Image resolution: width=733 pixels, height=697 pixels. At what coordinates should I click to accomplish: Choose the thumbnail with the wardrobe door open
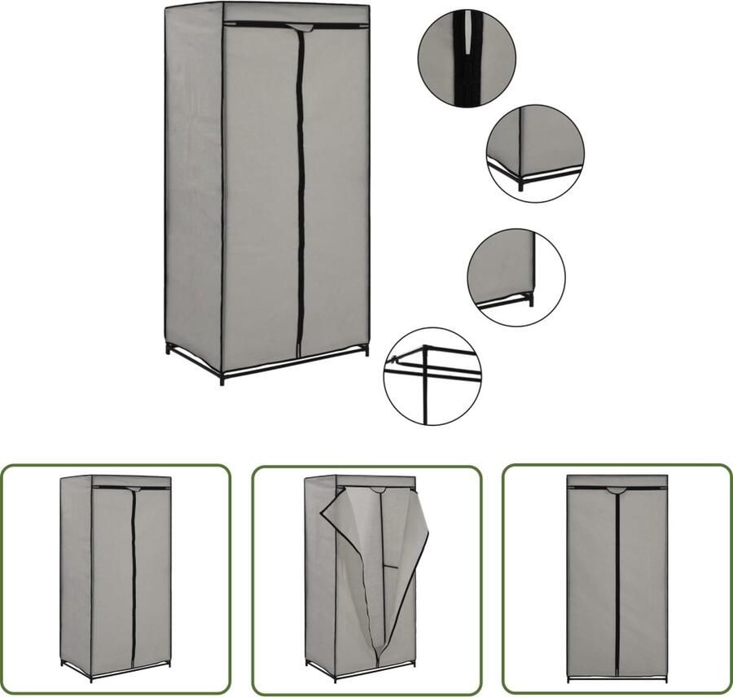pyautogui.click(x=366, y=578)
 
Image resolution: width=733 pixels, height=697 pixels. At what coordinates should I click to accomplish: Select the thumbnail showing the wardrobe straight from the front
pyautogui.click(x=617, y=578)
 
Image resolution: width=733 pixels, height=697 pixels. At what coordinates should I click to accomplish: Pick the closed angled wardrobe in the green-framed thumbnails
pyautogui.click(x=115, y=578)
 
